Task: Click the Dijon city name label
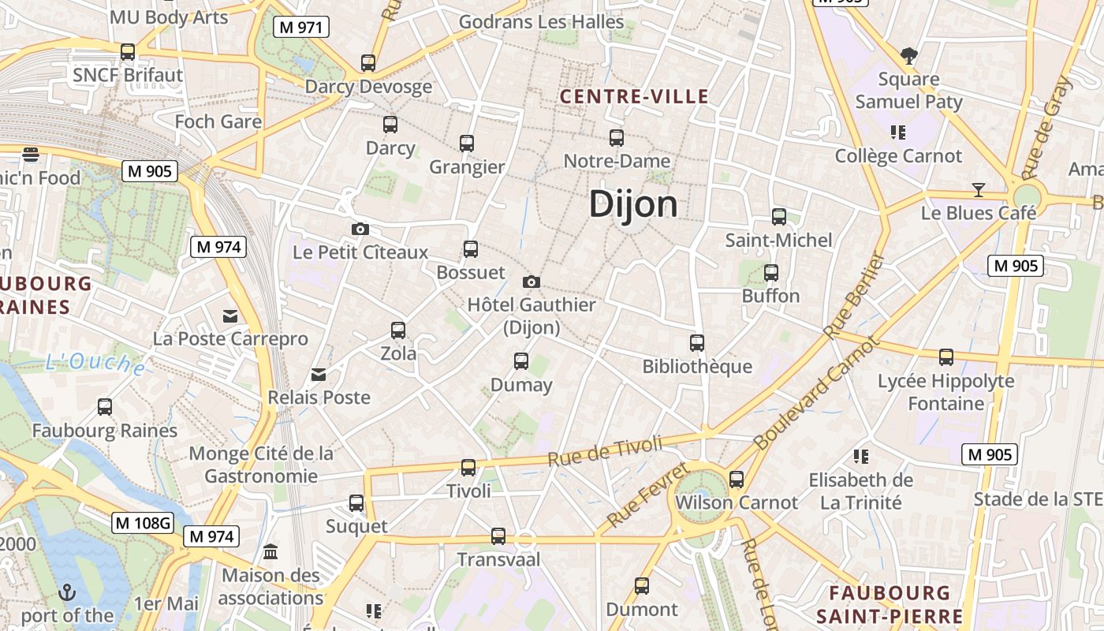(633, 204)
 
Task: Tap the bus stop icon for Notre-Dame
(617, 138)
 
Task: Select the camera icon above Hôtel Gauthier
(531, 282)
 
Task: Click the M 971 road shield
(301, 28)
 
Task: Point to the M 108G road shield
(143, 522)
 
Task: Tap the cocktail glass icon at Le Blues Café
(979, 189)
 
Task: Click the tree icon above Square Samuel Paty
(909, 55)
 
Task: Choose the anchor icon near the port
(68, 592)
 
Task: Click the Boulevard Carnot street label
(815, 394)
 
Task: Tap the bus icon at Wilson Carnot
(737, 479)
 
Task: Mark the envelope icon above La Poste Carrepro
(230, 315)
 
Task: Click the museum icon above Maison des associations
(270, 551)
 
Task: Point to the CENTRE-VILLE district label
(634, 97)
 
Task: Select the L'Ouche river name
(95, 363)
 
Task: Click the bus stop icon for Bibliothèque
(697, 343)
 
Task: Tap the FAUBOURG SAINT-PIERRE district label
(890, 604)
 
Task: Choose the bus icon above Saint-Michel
(779, 217)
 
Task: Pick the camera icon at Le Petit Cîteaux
(360, 229)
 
